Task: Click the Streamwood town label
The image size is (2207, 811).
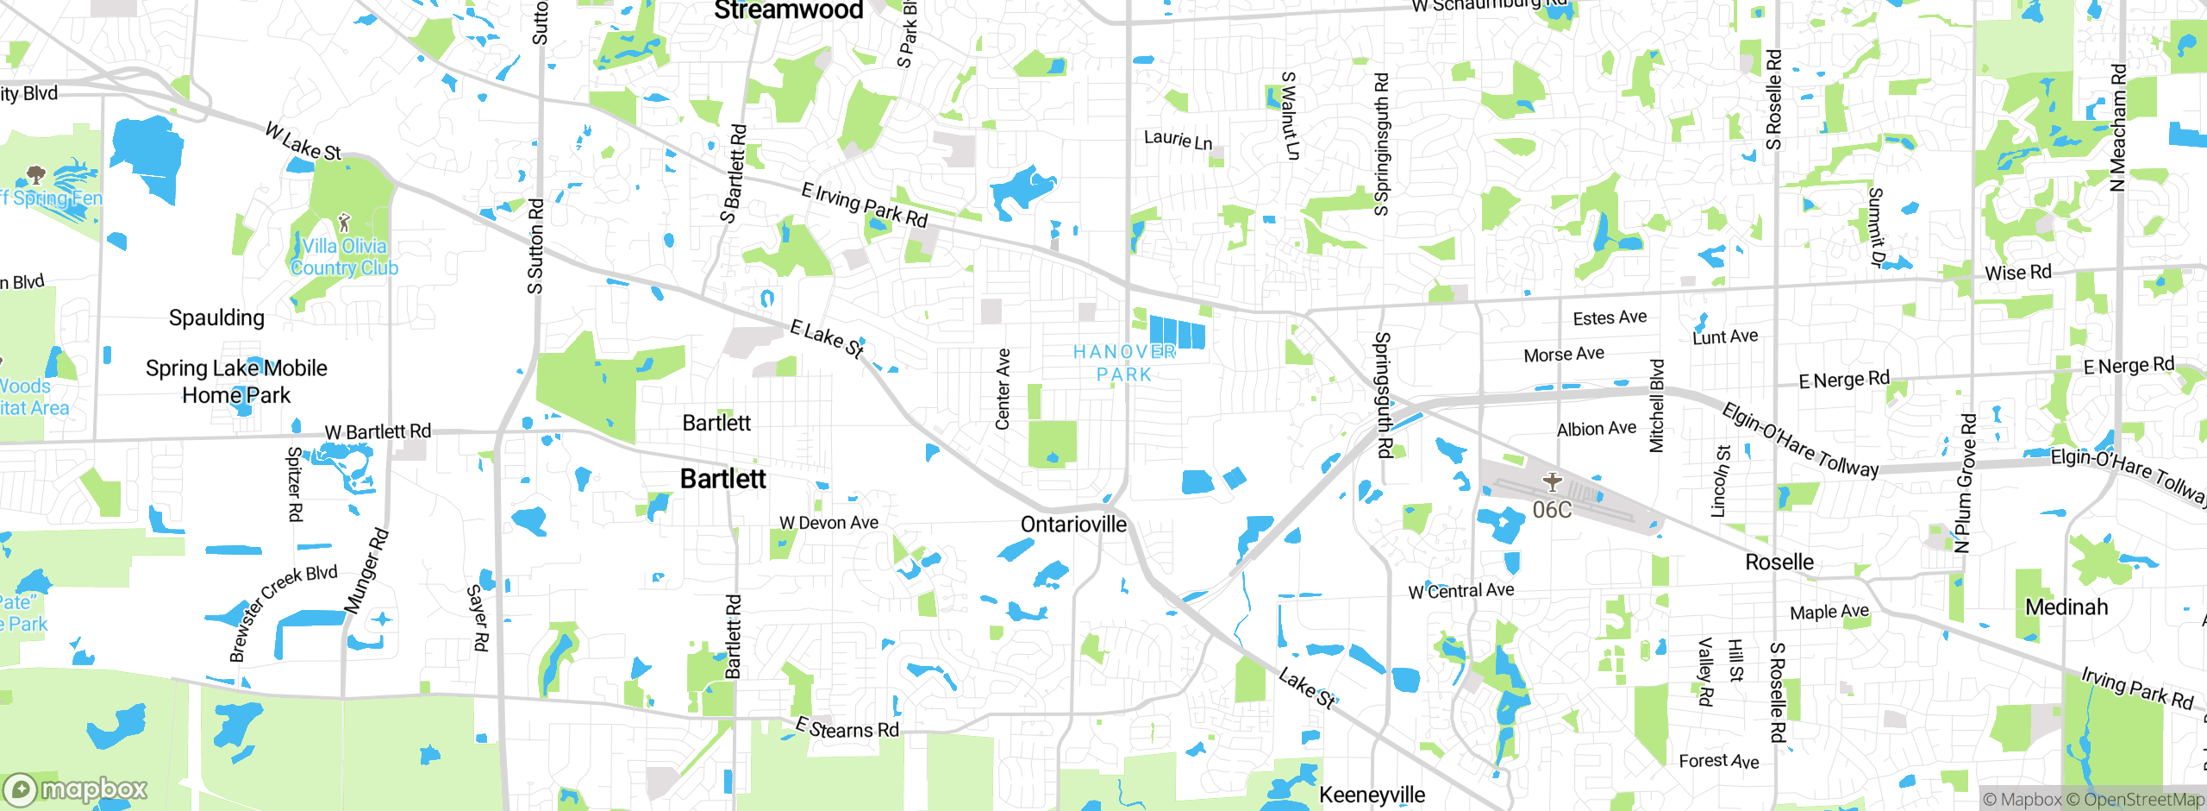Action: point(788,10)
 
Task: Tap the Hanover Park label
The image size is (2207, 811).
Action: point(1124,363)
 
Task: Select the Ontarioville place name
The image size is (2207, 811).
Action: point(1073,525)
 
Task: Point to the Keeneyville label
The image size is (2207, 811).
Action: point(1372,795)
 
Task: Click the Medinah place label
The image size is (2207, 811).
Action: point(2066,607)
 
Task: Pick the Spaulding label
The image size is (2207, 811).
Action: point(216,318)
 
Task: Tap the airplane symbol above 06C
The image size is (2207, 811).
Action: point(1552,481)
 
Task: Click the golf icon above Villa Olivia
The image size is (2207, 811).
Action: point(345,223)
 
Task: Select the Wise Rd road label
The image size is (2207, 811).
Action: point(2017,273)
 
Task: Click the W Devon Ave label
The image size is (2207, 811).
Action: point(828,523)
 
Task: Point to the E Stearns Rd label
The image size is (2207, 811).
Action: point(847,728)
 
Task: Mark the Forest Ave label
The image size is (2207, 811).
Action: point(1718,761)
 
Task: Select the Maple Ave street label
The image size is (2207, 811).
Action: point(1829,613)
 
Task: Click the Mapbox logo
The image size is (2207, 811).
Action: point(76,789)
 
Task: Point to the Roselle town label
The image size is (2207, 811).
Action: point(1779,563)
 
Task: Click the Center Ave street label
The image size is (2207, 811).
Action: point(1003,389)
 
